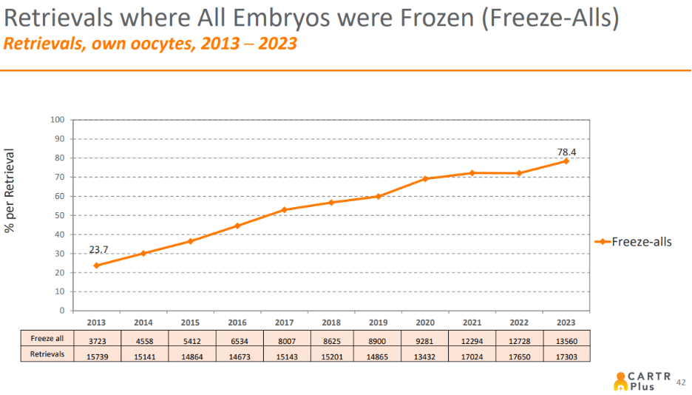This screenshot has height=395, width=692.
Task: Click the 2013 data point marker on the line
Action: pyautogui.click(x=96, y=265)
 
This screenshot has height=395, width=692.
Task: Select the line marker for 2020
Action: pyautogui.click(x=425, y=178)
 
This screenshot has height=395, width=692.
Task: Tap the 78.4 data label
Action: pyautogui.click(x=566, y=152)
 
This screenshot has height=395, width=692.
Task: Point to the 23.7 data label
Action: pyautogui.click(x=99, y=250)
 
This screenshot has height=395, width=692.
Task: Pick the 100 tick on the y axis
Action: pyautogui.click(x=57, y=120)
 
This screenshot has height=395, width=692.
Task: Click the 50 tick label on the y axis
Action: pyautogui.click(x=59, y=215)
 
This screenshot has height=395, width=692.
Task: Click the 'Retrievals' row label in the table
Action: pyautogui.click(x=47, y=355)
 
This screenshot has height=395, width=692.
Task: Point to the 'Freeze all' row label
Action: pyautogui.click(x=47, y=339)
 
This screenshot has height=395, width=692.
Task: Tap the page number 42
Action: pyautogui.click(x=681, y=382)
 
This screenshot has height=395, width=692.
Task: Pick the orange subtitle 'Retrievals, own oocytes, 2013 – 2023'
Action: pyautogui.click(x=151, y=44)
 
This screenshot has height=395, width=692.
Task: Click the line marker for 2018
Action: pyautogui.click(x=332, y=203)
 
